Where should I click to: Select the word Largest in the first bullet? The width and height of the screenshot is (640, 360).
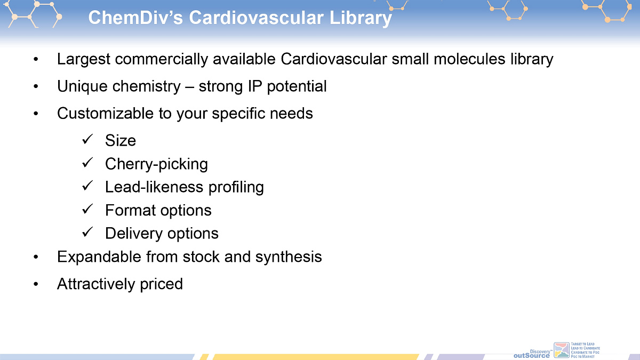tap(84, 59)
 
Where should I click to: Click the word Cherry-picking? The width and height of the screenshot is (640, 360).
tap(156, 164)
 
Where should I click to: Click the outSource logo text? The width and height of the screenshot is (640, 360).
tap(531, 356)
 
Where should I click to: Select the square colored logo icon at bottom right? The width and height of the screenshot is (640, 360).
tap(562, 350)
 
